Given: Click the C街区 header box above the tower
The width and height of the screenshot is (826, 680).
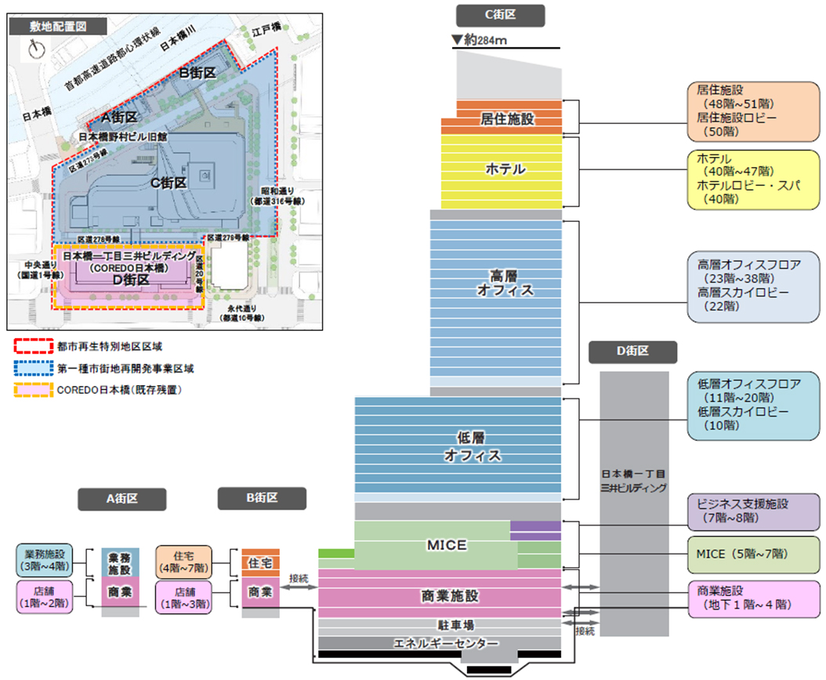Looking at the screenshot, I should coord(500,14).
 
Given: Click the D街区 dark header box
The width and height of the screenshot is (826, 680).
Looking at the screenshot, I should coord(633,353).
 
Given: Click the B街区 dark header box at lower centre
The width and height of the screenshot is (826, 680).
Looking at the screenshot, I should coord(262,498).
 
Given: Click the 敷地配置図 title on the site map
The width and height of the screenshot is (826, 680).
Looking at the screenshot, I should coord(57,25).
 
